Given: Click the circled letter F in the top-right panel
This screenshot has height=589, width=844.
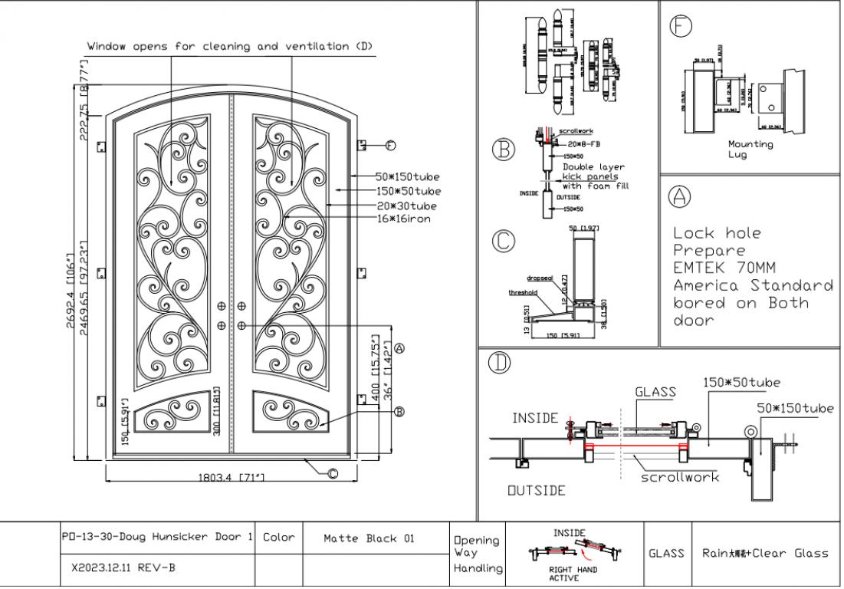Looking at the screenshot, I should click(x=678, y=26).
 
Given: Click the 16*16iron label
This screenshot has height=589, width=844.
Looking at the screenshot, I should click(x=403, y=219).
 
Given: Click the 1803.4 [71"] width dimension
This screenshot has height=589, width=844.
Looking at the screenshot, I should click(x=231, y=477).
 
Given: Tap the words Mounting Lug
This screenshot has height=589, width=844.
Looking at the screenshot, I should click(x=750, y=149).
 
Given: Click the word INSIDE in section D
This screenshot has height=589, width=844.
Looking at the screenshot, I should click(x=535, y=418).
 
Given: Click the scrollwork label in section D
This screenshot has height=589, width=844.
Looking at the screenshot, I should click(x=680, y=477).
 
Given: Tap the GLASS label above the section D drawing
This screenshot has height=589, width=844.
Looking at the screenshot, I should click(x=655, y=392).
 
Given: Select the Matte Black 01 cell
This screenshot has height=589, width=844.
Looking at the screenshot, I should click(x=376, y=538).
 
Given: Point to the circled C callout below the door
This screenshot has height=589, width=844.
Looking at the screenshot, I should click(x=332, y=473).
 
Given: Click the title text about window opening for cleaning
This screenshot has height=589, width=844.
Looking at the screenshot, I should click(x=230, y=46).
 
